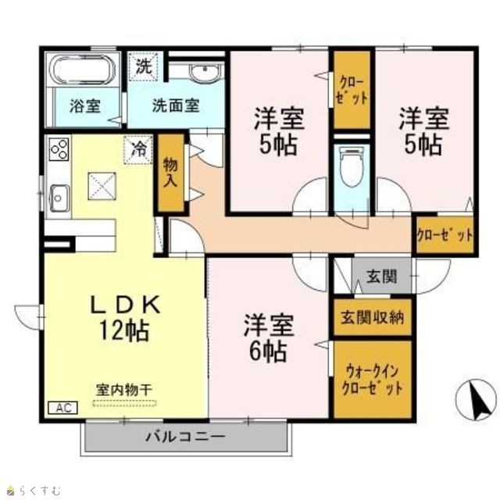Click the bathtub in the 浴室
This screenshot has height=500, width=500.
click(84, 70)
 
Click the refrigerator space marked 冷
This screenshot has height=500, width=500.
click(138, 149)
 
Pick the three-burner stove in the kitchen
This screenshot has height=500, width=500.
click(59, 149)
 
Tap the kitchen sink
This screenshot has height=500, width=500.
click(59, 198)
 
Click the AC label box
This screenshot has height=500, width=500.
click(62, 408)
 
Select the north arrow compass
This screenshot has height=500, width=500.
click(477, 400)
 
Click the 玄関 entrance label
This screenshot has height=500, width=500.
click(382, 277)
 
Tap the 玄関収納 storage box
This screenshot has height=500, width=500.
click(373, 317)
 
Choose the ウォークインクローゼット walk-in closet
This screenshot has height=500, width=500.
click(373, 379)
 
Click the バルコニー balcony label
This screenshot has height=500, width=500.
click(186, 436)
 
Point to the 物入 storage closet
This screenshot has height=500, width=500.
click(171, 173)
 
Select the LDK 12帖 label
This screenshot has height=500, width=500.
click(125, 318)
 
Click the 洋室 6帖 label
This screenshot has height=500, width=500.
click(268, 338)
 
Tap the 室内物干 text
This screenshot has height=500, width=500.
click(124, 390)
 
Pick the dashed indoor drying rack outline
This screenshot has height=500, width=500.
click(124, 403)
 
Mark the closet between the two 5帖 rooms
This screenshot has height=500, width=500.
click(352, 90)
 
